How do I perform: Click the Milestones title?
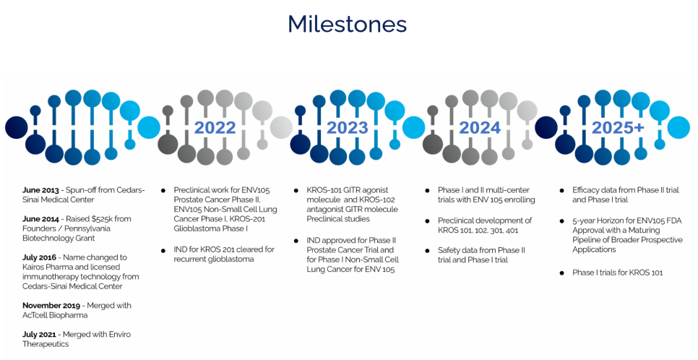(348, 24)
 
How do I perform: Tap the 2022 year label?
(215, 128)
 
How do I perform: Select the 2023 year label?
(348, 128)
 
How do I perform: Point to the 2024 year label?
(480, 128)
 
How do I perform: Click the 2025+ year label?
(618, 128)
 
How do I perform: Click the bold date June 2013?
(40, 190)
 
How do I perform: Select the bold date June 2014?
(40, 219)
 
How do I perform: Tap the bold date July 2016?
(39, 257)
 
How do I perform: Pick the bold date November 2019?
(51, 306)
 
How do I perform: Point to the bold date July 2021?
(39, 335)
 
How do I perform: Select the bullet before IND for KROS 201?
(163, 251)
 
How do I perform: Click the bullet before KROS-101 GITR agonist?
(296, 191)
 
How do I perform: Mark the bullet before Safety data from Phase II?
(427, 252)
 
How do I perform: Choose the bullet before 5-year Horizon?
(562, 221)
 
